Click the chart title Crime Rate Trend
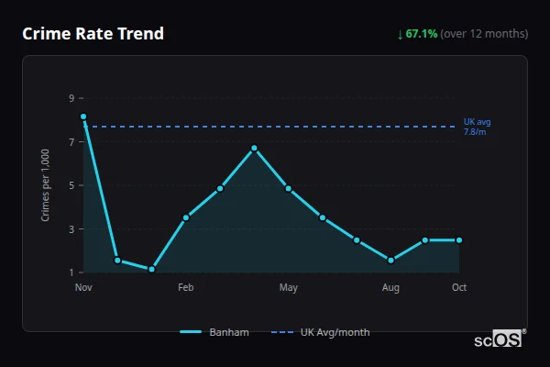(93, 34)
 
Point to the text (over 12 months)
(484, 34)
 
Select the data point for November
(83, 117)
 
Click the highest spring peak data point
(254, 148)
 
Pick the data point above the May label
(289, 188)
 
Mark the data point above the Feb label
(186, 217)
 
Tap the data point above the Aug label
(390, 261)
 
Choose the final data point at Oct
(459, 240)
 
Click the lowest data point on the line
(151, 270)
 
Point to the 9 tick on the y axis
(71, 97)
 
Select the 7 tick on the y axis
(71, 141)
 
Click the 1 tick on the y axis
(71, 272)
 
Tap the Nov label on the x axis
(83, 288)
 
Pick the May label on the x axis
(289, 288)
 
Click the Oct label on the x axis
(459, 288)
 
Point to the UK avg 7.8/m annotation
(478, 127)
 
